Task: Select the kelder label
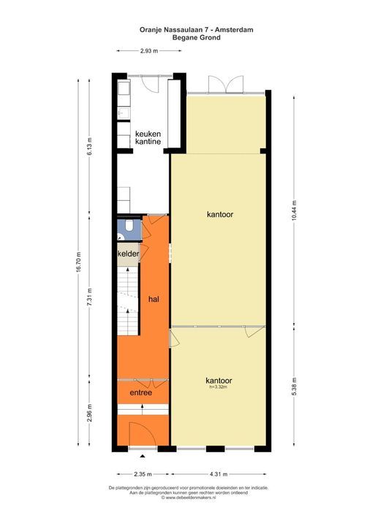(129, 253)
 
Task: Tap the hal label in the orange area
(153, 299)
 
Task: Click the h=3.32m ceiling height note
(219, 388)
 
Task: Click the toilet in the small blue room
(128, 229)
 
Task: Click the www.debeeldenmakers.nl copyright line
(188, 498)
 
